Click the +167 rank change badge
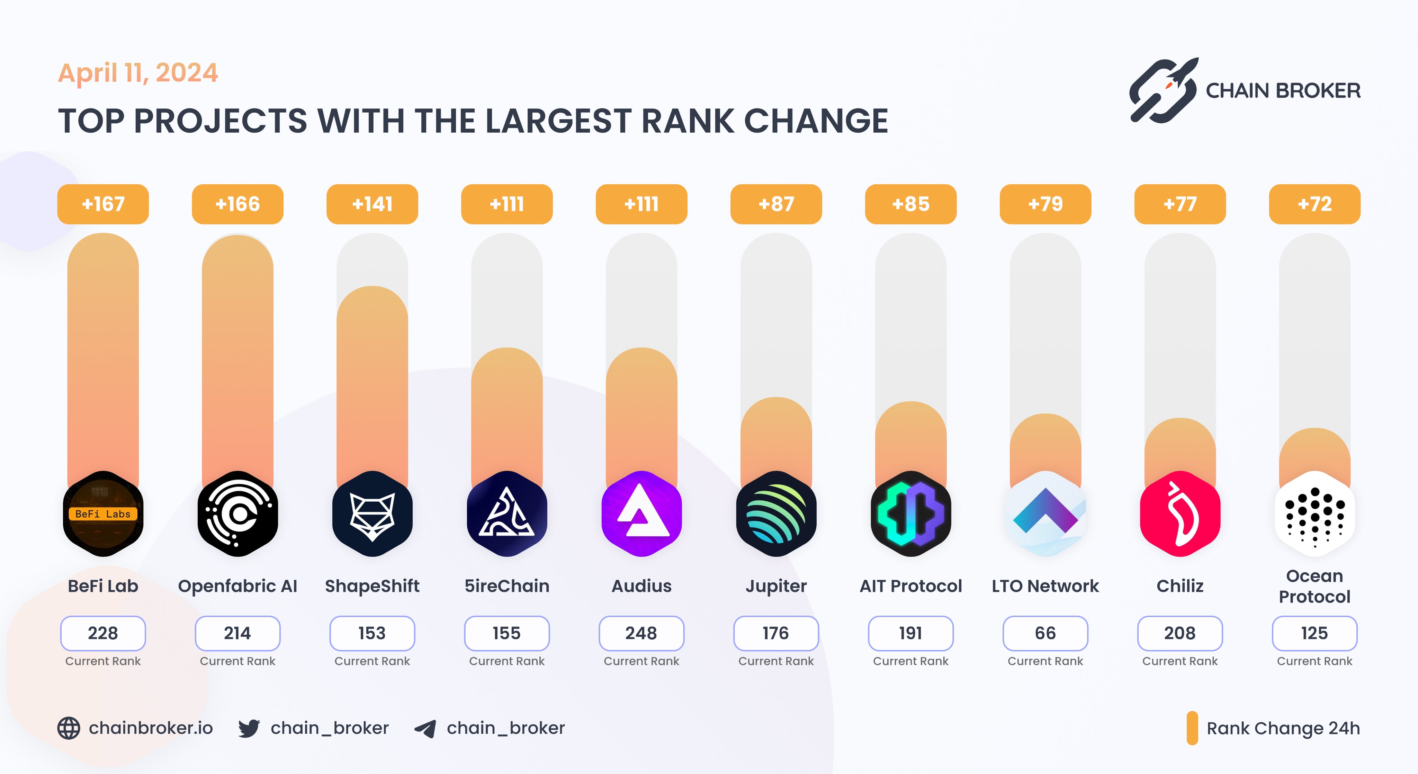coord(103,204)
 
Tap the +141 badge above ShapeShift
coord(372,204)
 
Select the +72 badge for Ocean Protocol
coord(1314,204)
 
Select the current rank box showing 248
coord(641,633)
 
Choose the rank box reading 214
coord(237,633)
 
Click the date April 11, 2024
coord(138,73)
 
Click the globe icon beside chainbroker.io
coord(69,728)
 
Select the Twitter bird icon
coord(249,728)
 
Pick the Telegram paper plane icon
coord(425,728)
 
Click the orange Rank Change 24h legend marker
coord(1192,728)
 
